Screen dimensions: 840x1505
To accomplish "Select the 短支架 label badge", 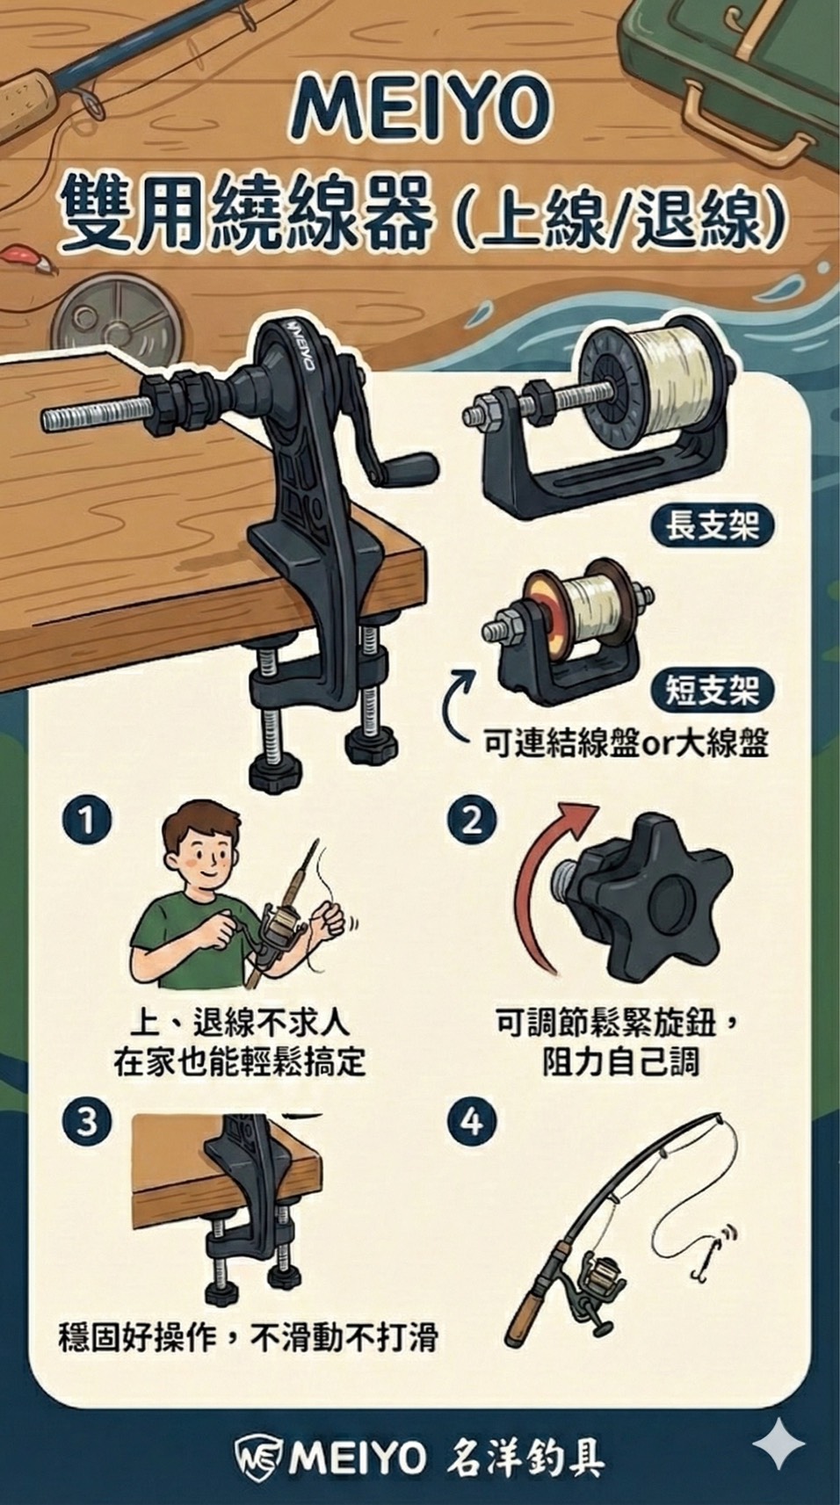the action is (x=712, y=690).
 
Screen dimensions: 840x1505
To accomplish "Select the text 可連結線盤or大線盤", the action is (x=626, y=744).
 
